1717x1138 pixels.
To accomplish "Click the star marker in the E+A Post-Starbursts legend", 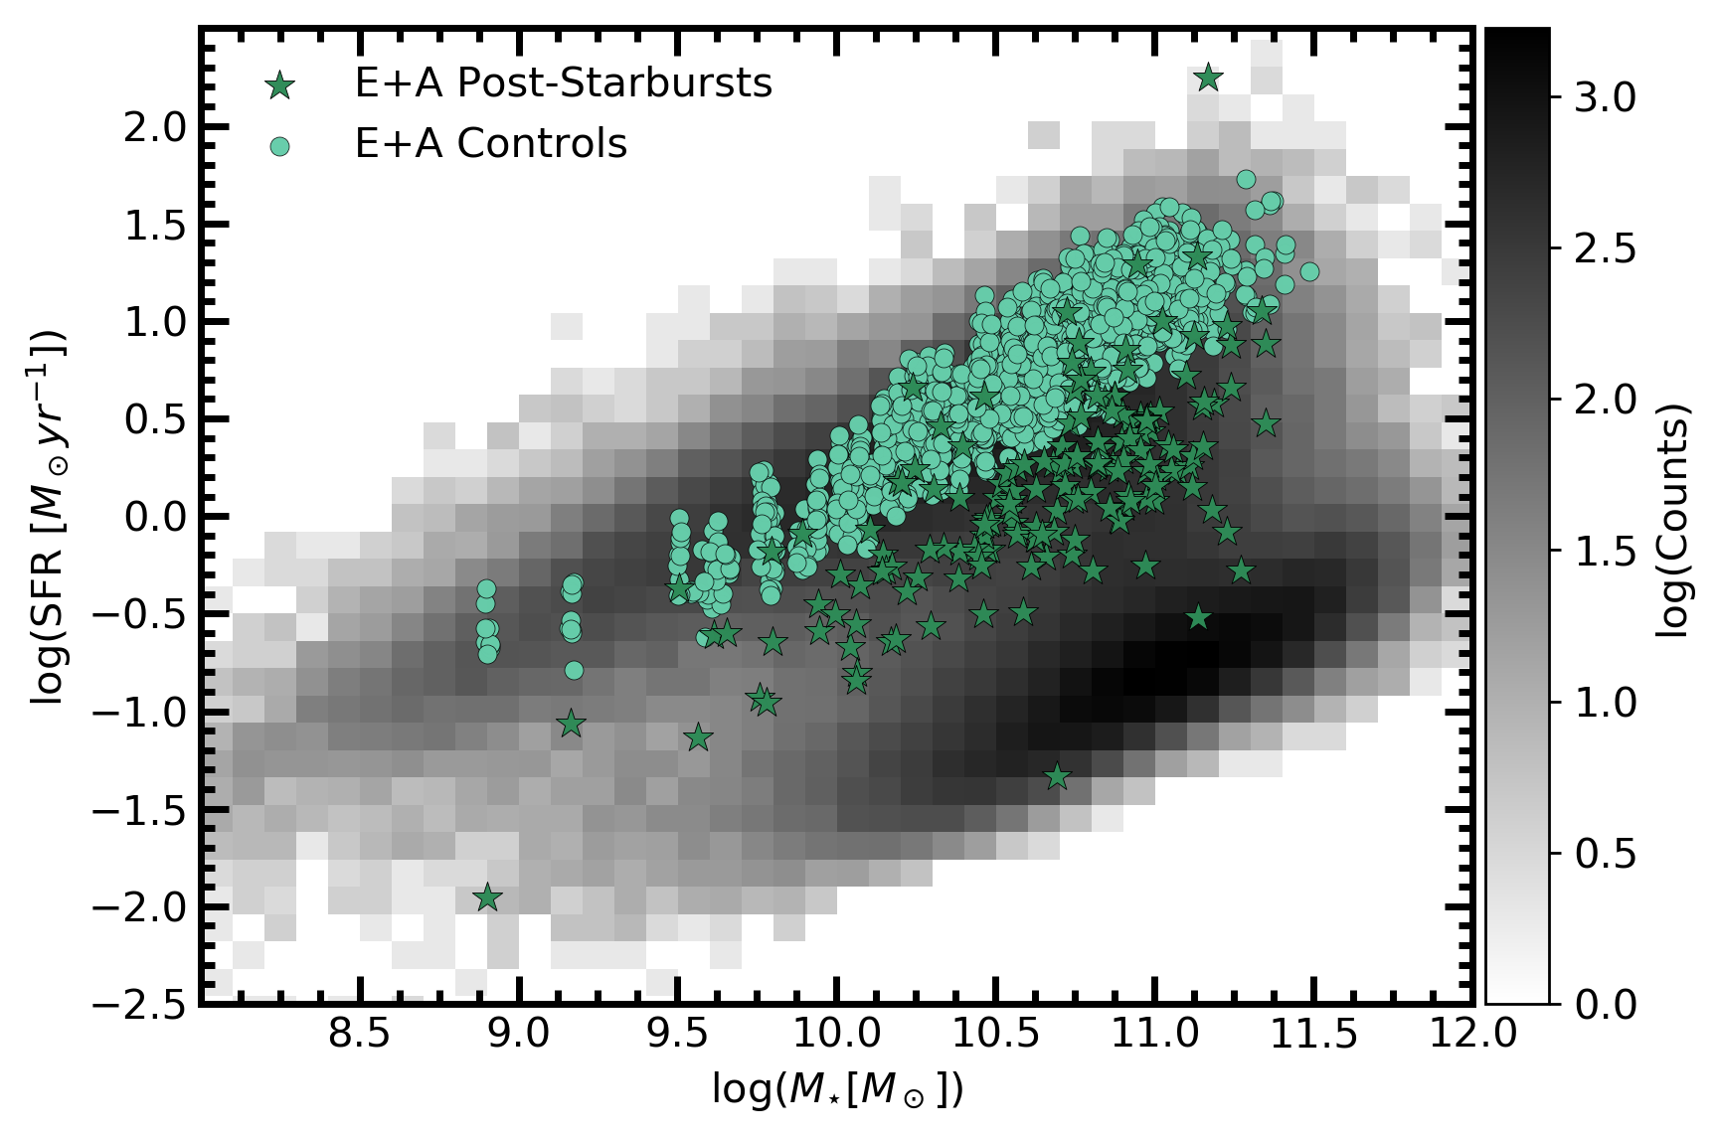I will tap(281, 85).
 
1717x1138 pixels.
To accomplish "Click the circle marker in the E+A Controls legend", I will tap(281, 146).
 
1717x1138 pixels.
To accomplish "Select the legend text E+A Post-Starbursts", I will tap(563, 83).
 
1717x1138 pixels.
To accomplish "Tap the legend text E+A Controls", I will tap(490, 145).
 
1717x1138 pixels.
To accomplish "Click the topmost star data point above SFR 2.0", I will tap(1208, 78).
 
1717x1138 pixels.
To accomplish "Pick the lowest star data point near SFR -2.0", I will tap(487, 897).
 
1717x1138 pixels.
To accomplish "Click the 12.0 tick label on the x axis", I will tap(1472, 1035).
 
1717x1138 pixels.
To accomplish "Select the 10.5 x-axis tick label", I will tap(995, 1035).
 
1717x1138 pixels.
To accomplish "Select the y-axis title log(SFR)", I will tap(48, 517).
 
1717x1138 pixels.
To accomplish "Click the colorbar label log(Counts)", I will tap(1674, 517).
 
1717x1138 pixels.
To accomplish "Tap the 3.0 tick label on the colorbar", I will tap(1605, 97).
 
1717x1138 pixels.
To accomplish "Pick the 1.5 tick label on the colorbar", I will tap(1605, 551).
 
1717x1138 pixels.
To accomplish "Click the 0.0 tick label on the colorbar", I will tap(1605, 1004).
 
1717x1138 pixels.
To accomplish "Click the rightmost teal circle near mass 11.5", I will tap(1309, 271).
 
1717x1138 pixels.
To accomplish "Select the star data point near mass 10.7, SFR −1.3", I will tap(1058, 776).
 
